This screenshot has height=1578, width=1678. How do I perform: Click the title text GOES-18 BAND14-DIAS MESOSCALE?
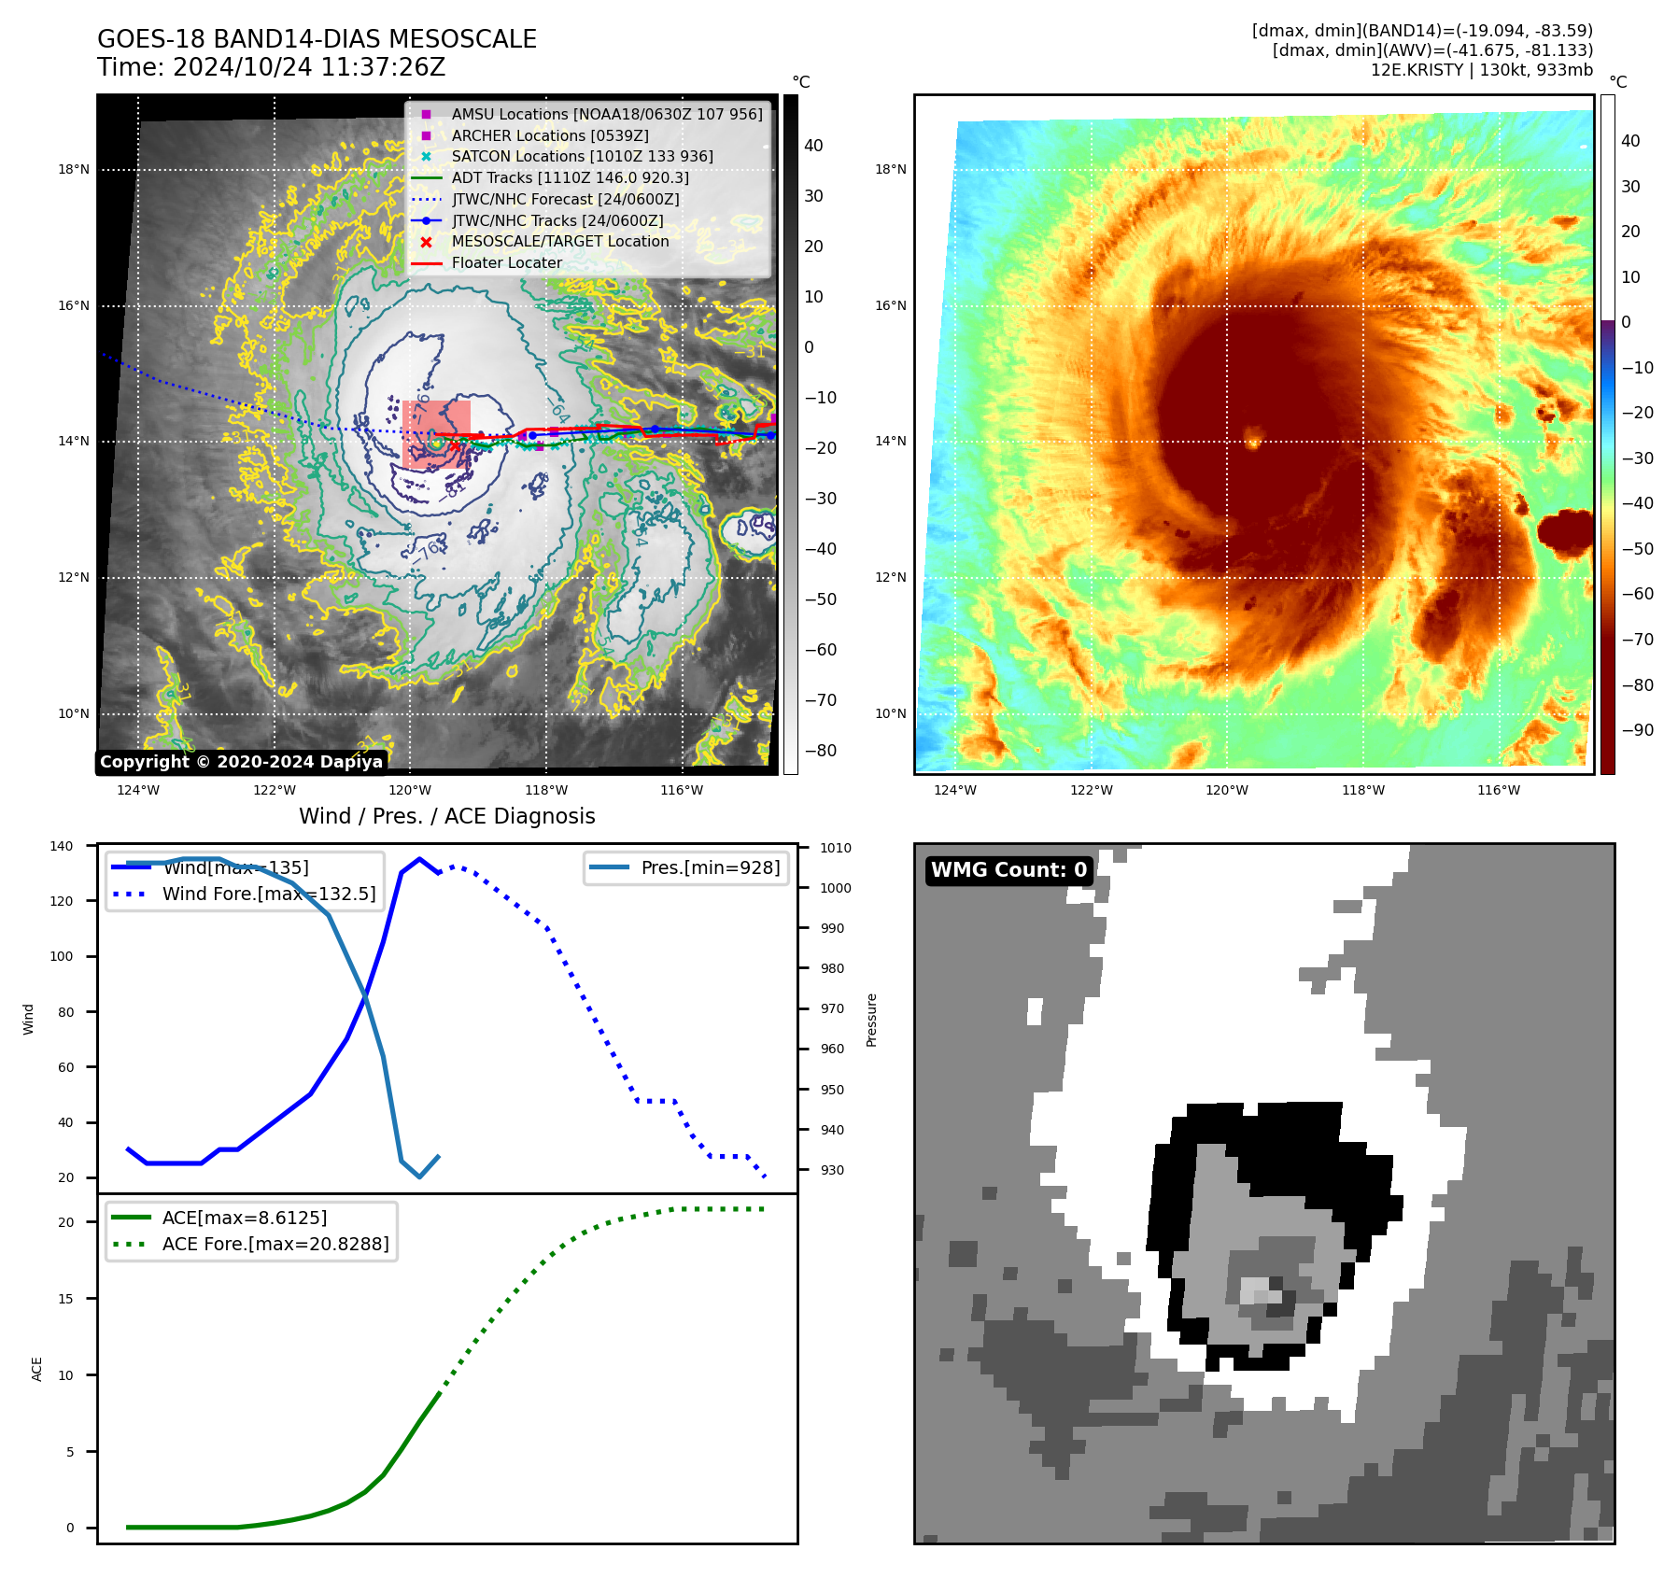coord(317,39)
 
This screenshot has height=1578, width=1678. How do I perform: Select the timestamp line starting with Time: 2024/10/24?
coord(271,67)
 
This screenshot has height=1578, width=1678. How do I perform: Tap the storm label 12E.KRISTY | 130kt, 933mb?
coord(1481,70)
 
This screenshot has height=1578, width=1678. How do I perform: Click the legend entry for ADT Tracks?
coord(570,177)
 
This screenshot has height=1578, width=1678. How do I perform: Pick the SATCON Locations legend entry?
coord(582,156)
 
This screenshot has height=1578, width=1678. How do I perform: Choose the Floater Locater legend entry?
coord(506,262)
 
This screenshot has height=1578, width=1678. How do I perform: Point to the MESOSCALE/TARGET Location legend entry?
coord(559,241)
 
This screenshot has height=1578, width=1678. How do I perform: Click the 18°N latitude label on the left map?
coord(74,170)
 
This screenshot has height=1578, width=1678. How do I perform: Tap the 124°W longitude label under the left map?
coord(138,790)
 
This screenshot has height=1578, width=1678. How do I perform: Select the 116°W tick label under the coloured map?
coord(1498,790)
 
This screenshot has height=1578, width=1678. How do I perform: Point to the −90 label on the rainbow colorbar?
coord(1637,730)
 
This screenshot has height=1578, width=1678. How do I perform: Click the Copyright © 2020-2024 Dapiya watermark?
coord(241,762)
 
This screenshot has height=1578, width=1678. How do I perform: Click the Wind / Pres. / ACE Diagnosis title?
coord(446,816)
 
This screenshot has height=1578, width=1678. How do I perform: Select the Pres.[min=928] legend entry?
coord(710,867)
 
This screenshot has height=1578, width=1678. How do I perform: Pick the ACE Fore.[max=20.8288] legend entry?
coord(275,1244)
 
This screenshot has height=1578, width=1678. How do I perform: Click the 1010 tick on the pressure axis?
coord(836,848)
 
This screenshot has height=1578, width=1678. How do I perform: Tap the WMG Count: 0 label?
coord(1008,870)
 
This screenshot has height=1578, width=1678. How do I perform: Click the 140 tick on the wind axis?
coord(62,846)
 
